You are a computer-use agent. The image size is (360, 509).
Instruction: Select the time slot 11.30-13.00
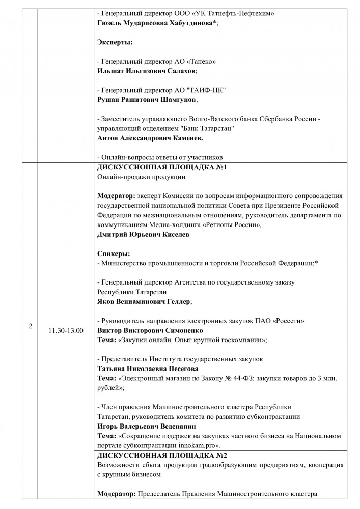66,330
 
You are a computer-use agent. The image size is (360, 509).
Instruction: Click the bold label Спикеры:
113,253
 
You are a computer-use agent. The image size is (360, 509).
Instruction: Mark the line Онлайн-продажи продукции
141,177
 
